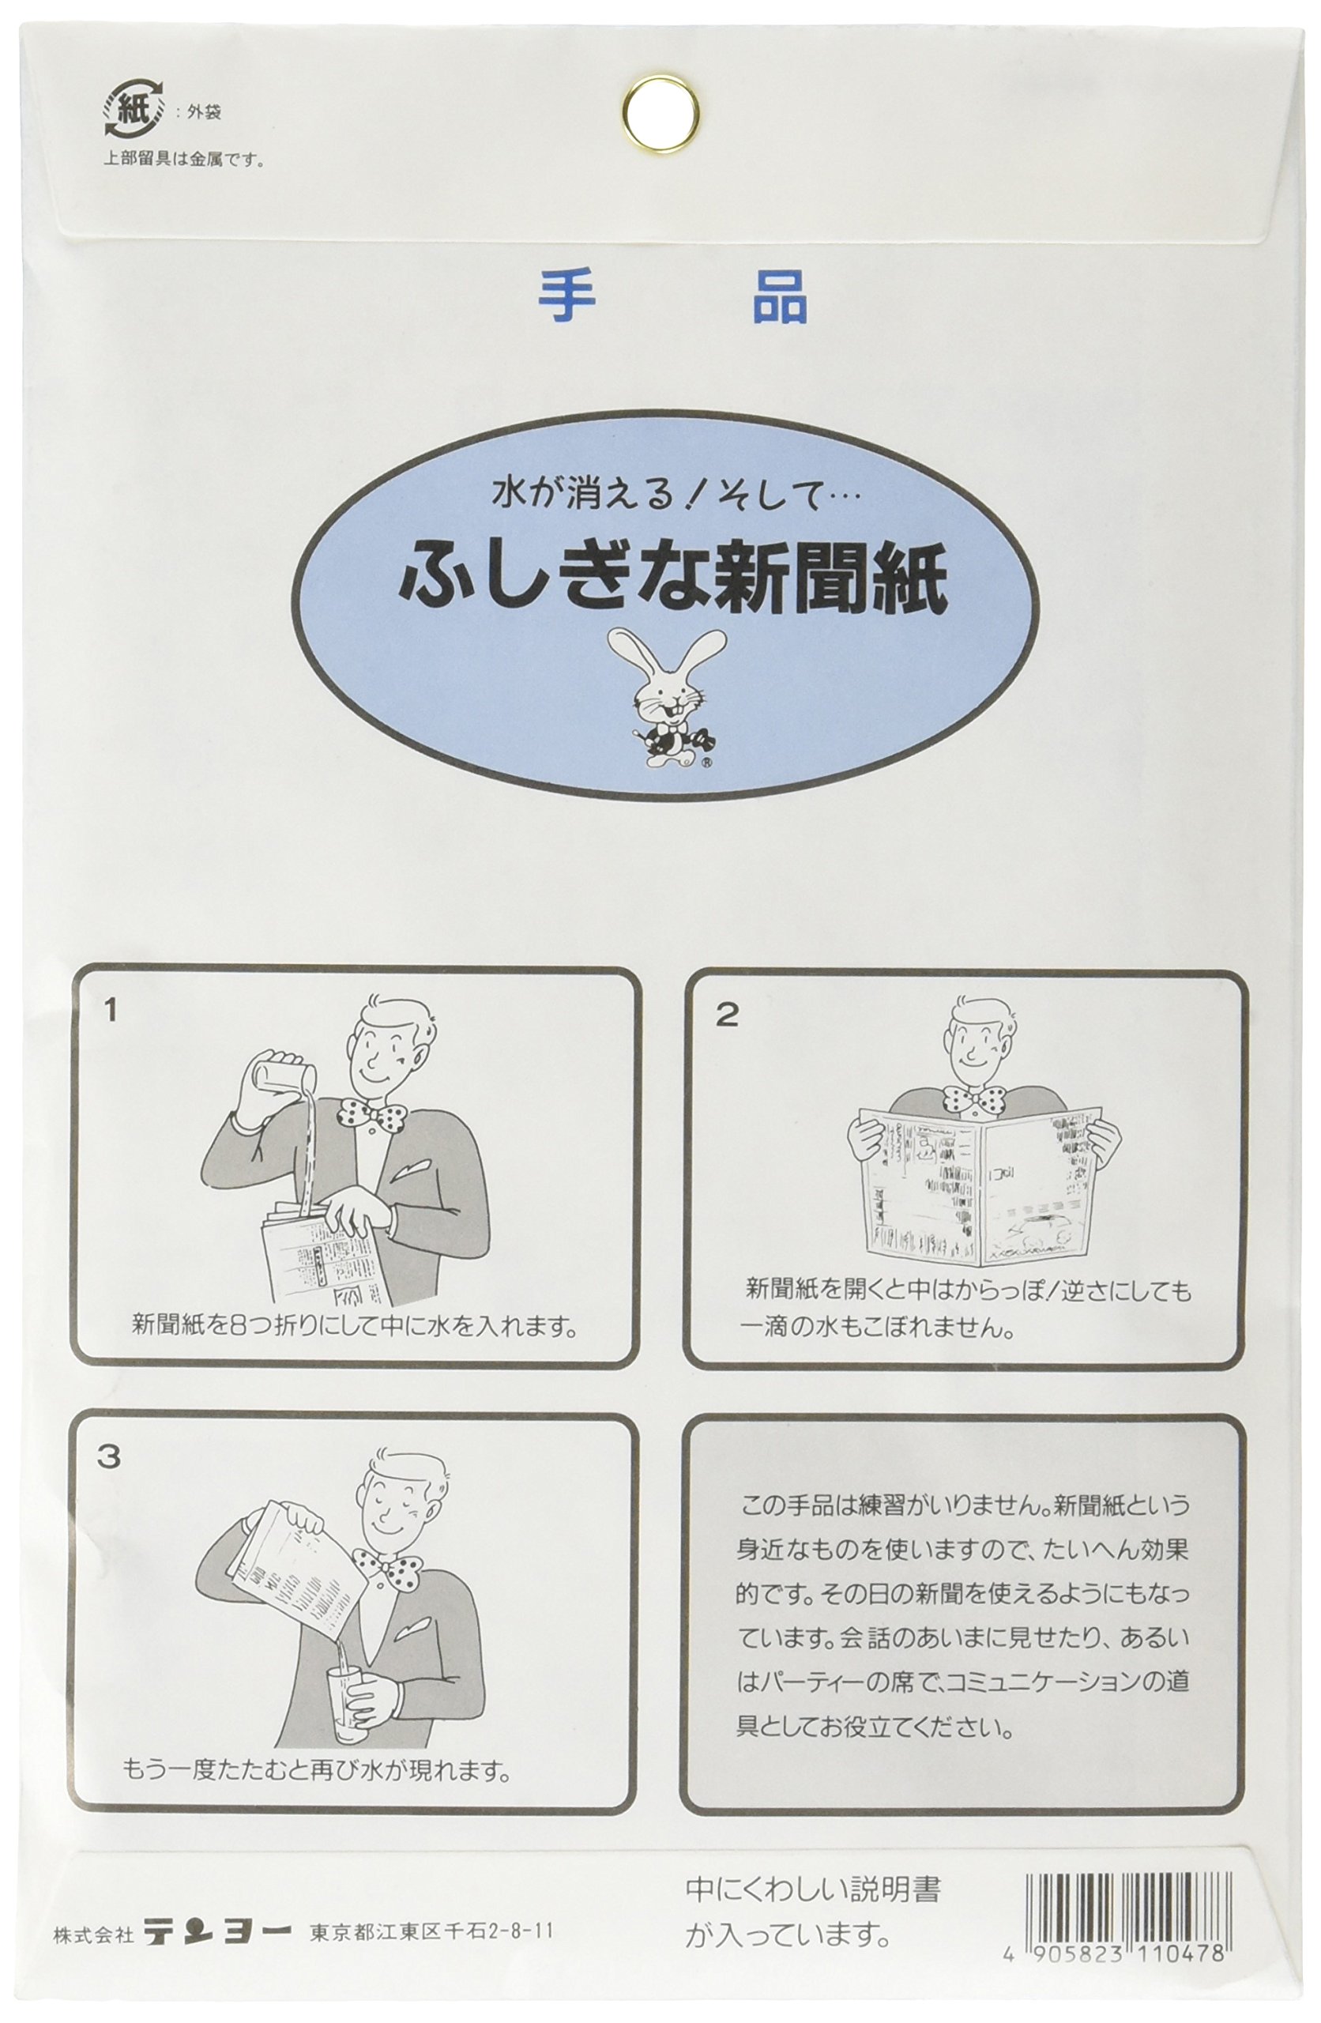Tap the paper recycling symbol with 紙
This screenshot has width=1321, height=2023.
click(133, 108)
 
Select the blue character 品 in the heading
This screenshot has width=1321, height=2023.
click(780, 297)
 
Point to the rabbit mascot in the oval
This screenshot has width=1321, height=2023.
click(668, 695)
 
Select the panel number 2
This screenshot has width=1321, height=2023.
click(726, 1014)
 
